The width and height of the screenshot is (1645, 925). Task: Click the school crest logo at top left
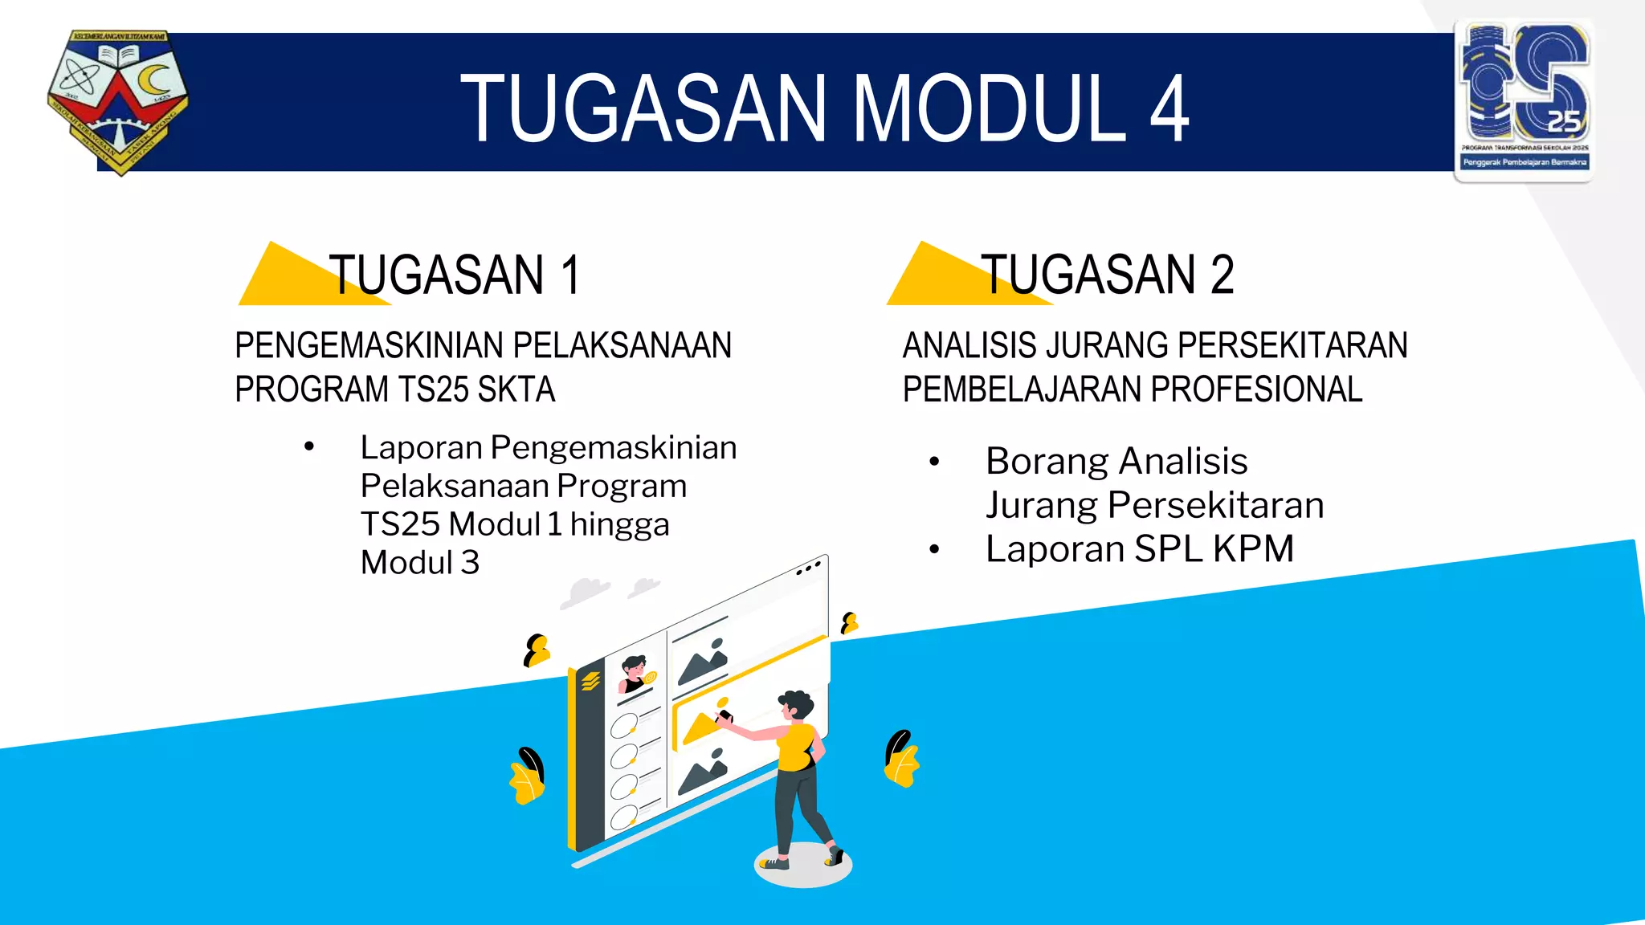click(x=118, y=101)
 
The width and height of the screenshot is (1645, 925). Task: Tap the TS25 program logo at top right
click(x=1524, y=100)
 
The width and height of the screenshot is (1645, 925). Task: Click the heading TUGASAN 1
click(x=454, y=275)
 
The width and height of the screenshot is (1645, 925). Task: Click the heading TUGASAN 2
click(x=1107, y=275)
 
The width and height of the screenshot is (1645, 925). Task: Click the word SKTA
click(x=516, y=390)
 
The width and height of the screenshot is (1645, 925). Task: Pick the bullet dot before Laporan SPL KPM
click(x=934, y=550)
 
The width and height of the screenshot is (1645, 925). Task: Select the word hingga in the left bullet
click(x=619, y=525)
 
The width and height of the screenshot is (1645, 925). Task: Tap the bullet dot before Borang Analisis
click(x=934, y=462)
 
